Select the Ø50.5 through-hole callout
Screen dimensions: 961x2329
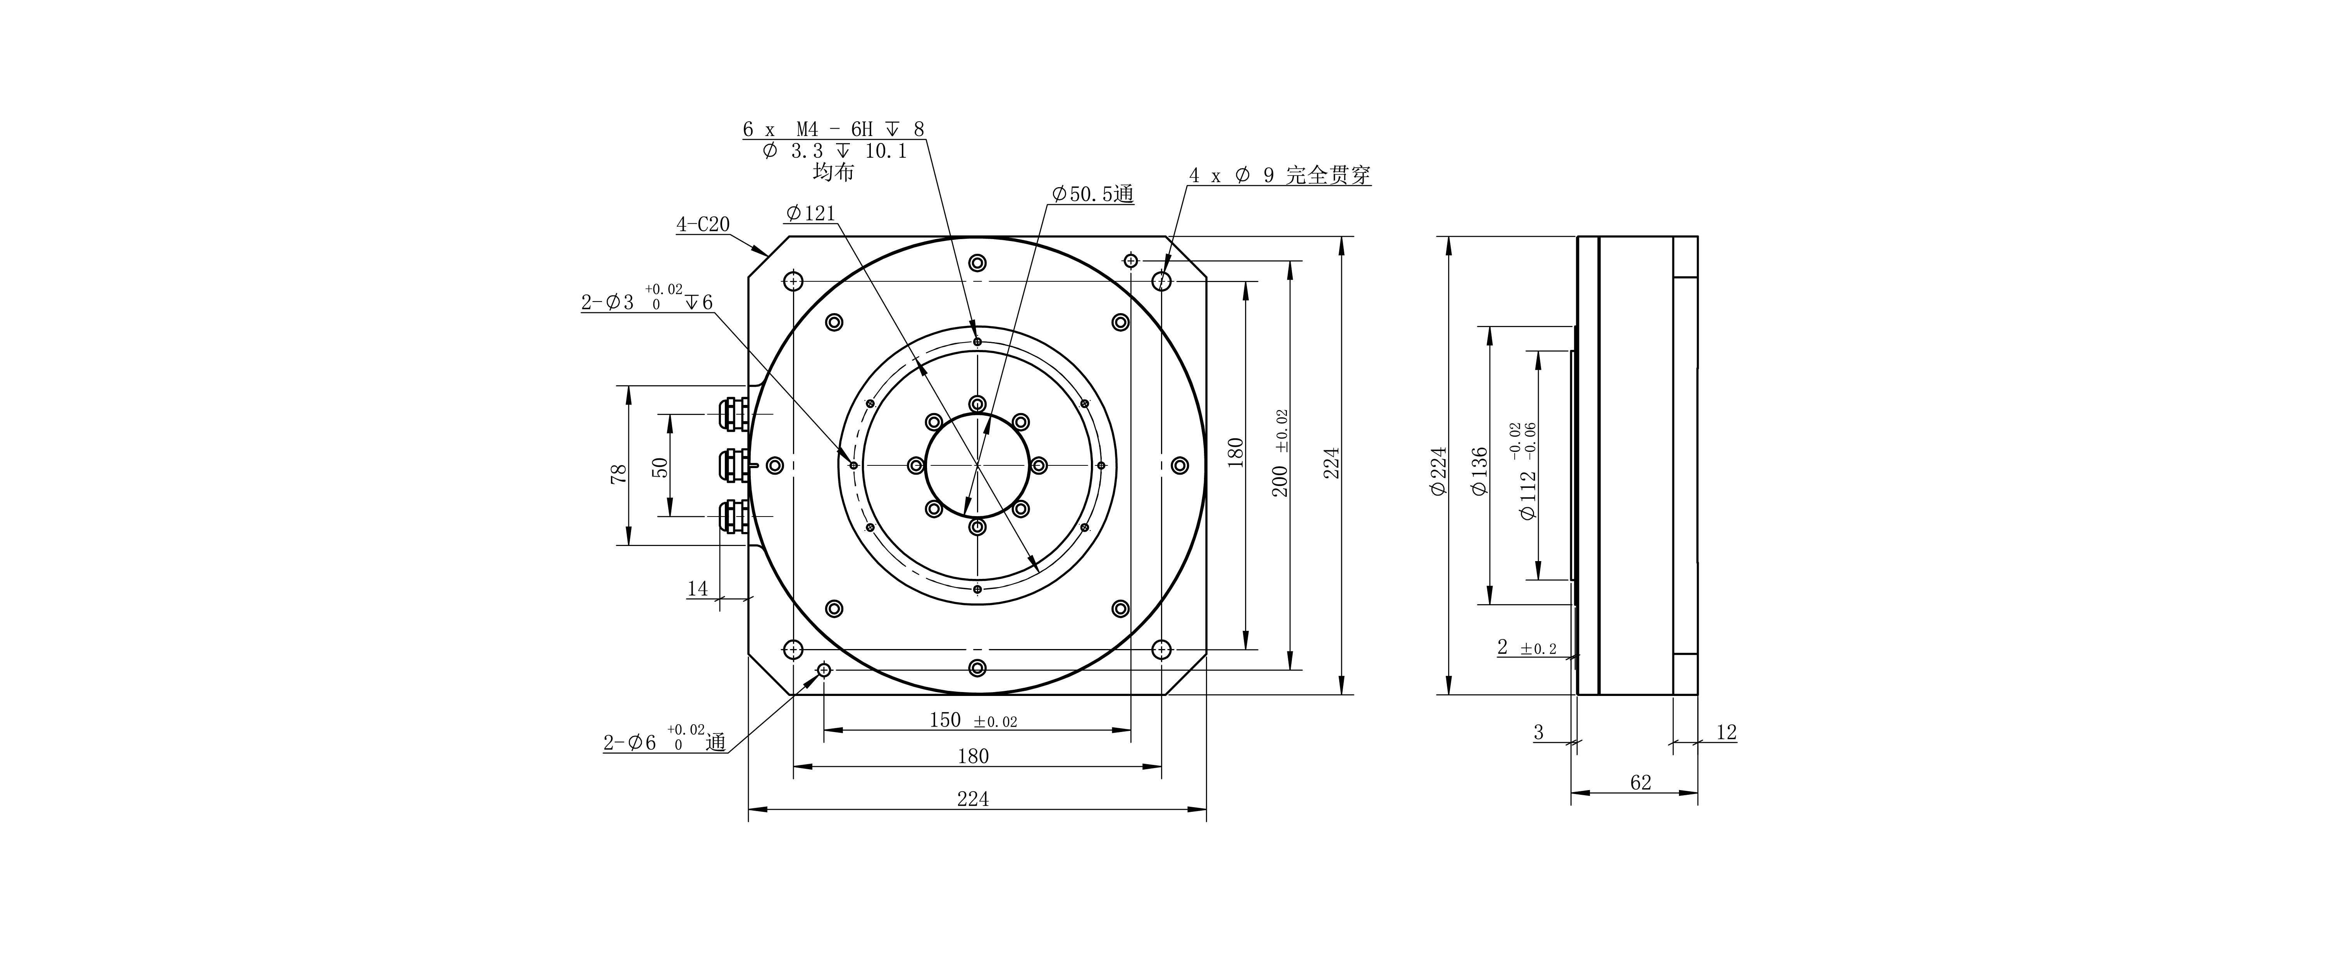(x=1092, y=195)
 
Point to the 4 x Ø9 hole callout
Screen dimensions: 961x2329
(x=1279, y=176)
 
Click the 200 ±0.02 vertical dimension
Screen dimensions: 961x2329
(x=1280, y=466)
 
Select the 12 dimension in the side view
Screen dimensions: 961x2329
(x=1726, y=732)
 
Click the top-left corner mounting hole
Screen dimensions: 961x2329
(x=793, y=281)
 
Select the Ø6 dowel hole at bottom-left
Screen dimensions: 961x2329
(x=824, y=670)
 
